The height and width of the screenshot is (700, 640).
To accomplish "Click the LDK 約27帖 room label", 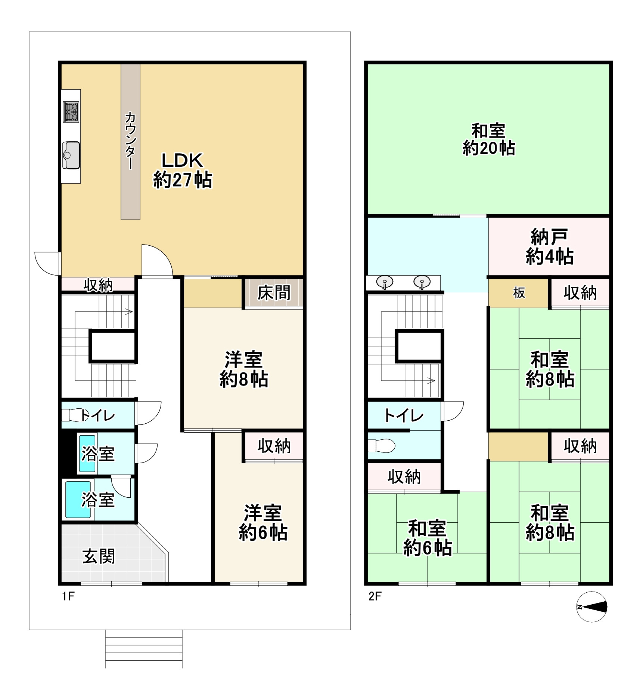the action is [x=183, y=170].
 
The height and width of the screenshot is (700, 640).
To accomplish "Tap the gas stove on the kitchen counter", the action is [x=71, y=112].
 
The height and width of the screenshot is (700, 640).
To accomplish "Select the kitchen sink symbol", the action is [x=71, y=155].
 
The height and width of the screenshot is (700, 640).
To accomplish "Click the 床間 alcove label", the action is [x=274, y=293].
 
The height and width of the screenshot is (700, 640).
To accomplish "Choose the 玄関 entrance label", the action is [x=99, y=557].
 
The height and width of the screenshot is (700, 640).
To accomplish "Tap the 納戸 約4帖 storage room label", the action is [x=549, y=247].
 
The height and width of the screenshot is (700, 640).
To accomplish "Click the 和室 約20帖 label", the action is [x=489, y=139].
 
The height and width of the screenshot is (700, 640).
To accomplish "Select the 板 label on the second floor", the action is [x=519, y=293].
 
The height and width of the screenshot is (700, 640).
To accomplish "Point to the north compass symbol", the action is [x=592, y=607].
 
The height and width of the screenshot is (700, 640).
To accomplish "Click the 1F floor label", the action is [x=68, y=596].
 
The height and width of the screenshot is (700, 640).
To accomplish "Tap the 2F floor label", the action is [x=375, y=596].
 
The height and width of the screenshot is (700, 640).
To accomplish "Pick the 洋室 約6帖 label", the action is [x=263, y=522].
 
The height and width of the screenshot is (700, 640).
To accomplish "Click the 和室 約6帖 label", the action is [x=428, y=538].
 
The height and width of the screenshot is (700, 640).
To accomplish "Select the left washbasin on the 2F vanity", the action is [x=385, y=282].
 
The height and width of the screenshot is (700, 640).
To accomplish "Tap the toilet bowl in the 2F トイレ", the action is [x=381, y=446].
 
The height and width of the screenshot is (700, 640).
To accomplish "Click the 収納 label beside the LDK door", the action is [x=98, y=285].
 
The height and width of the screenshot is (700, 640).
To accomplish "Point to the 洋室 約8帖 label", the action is [x=244, y=369].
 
